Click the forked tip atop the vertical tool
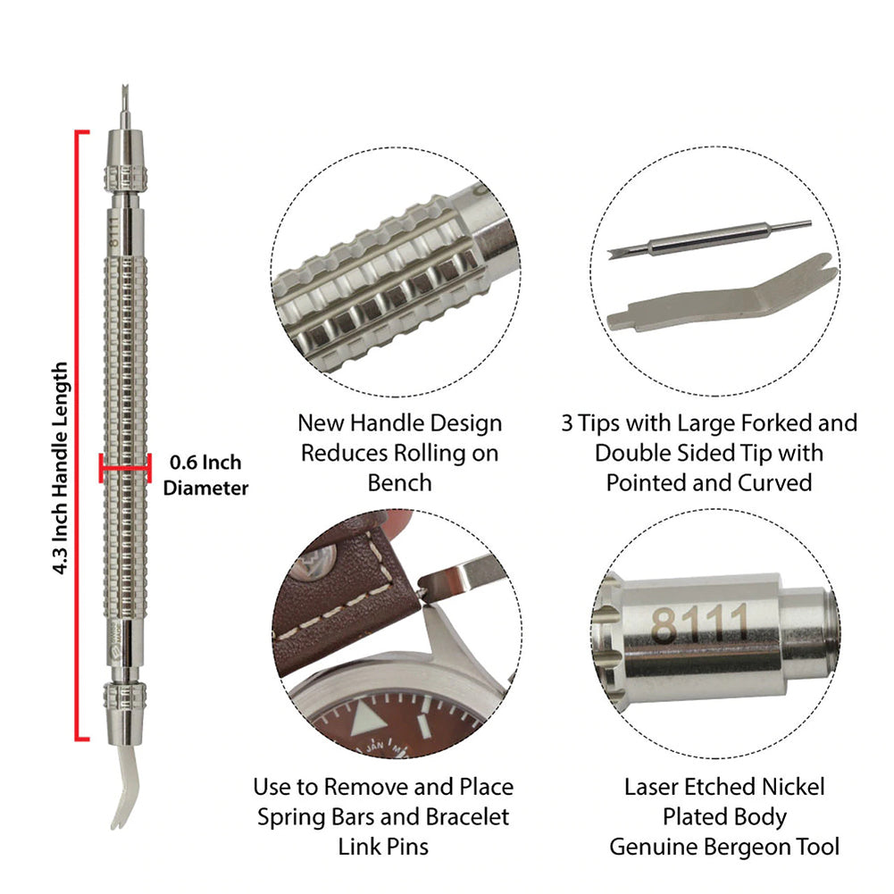pyautogui.click(x=123, y=104)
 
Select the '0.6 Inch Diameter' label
pyautogui.click(x=205, y=475)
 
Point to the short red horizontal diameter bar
pyautogui.click(x=125, y=465)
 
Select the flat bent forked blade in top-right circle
pyautogui.click(x=723, y=298)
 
